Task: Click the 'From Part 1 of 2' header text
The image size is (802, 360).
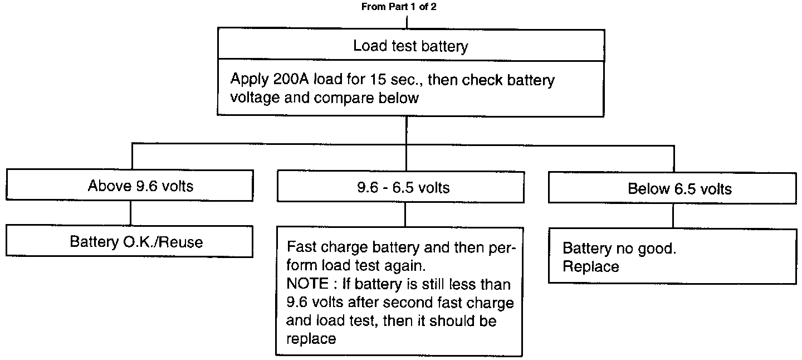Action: click(403, 7)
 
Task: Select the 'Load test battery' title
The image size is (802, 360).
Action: click(410, 46)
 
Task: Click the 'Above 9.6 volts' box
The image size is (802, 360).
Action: click(140, 186)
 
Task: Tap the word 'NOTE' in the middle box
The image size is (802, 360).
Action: click(305, 284)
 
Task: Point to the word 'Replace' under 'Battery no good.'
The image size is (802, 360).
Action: click(590, 266)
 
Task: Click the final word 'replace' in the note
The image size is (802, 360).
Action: click(311, 338)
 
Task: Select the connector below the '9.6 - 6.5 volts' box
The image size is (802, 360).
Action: click(405, 214)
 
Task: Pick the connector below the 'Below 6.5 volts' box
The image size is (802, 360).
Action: click(673, 215)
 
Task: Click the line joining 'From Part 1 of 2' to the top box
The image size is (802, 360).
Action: click(408, 22)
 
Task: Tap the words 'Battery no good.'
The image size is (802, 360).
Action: click(619, 248)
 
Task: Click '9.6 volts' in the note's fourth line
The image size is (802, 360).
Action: click(314, 303)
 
